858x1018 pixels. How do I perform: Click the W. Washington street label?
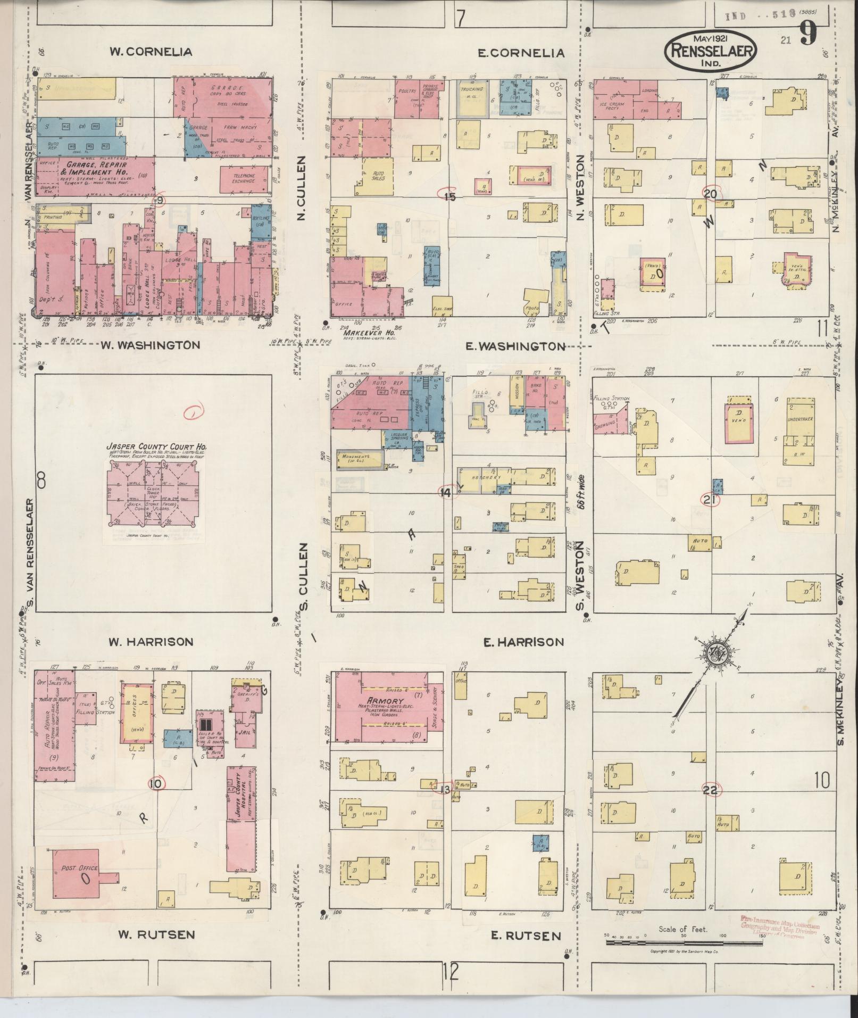point(151,345)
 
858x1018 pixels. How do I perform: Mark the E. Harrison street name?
point(523,642)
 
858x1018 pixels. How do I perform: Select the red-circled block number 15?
point(449,196)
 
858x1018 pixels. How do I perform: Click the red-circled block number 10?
point(156,783)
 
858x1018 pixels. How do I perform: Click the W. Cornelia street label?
point(151,52)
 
